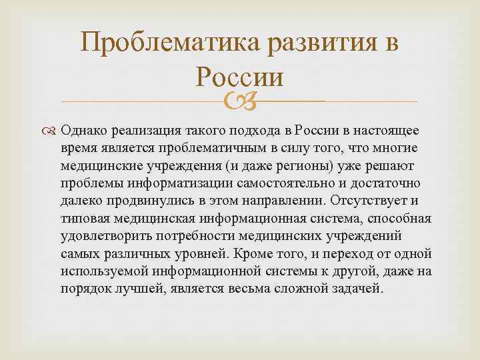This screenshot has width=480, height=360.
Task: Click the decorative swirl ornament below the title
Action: coord(240,101)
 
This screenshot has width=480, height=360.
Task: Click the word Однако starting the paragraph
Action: coord(83,129)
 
